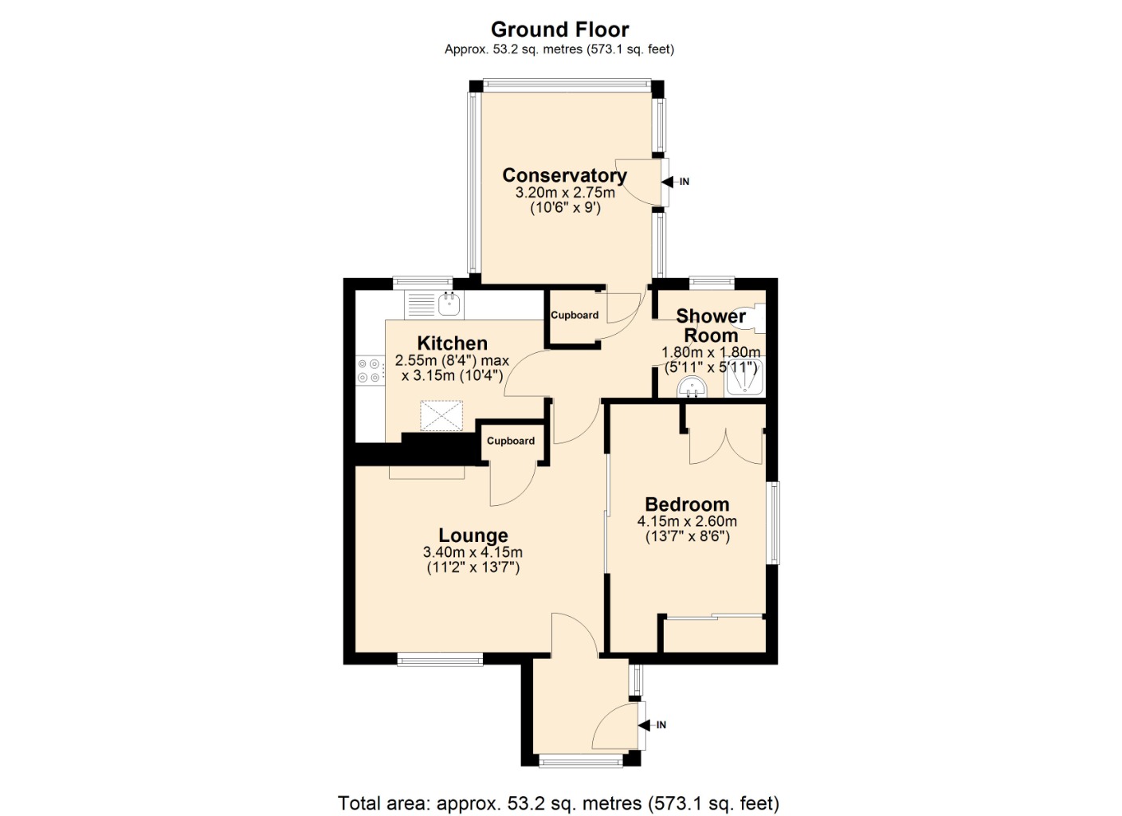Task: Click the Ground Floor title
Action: (559, 29)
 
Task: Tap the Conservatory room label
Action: (564, 175)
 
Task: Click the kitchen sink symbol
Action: (449, 302)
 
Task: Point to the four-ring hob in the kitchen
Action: (369, 371)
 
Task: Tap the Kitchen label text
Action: (452, 343)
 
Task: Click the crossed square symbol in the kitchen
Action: (442, 414)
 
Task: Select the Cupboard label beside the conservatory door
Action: (575, 315)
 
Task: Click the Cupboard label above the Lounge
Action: (511, 441)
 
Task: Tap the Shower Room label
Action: (711, 325)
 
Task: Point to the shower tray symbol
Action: (745, 379)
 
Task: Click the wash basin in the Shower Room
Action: (692, 388)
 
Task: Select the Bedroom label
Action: (687, 504)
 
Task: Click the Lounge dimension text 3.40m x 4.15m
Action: (473, 552)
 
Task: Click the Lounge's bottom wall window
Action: (440, 659)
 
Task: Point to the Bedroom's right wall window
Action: (772, 523)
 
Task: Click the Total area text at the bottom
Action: (559, 802)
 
